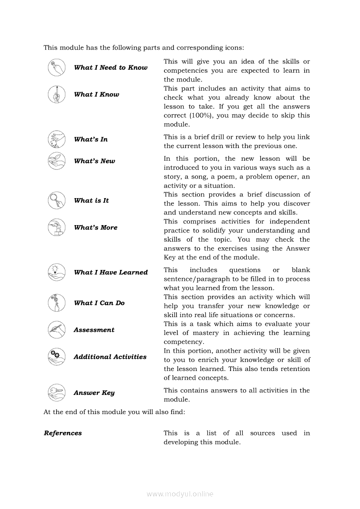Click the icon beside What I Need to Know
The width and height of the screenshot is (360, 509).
pyautogui.click(x=56, y=67)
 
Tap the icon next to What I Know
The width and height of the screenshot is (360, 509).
pyautogui.click(x=56, y=94)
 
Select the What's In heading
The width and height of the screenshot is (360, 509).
pyautogui.click(x=91, y=139)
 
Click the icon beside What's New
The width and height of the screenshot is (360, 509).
pyautogui.click(x=56, y=161)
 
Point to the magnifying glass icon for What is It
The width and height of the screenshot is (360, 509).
pyautogui.click(x=56, y=201)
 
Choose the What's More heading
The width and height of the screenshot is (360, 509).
pyautogui.click(x=95, y=228)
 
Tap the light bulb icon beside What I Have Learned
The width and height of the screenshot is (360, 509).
pyautogui.click(x=56, y=272)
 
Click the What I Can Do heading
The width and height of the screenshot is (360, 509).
pyautogui.click(x=99, y=303)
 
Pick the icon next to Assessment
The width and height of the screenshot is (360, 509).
pyautogui.click(x=56, y=330)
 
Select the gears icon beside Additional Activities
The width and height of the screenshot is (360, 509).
pyautogui.click(x=56, y=357)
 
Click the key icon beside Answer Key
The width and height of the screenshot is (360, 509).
pyautogui.click(x=56, y=393)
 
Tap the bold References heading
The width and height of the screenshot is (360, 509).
pyautogui.click(x=63, y=433)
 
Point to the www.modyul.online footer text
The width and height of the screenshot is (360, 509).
pyautogui.click(x=180, y=494)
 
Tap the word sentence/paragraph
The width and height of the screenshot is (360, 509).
pyautogui.click(x=193, y=279)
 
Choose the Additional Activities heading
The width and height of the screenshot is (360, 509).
pyautogui.click(x=110, y=357)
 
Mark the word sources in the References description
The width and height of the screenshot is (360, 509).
pyautogui.click(x=263, y=433)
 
